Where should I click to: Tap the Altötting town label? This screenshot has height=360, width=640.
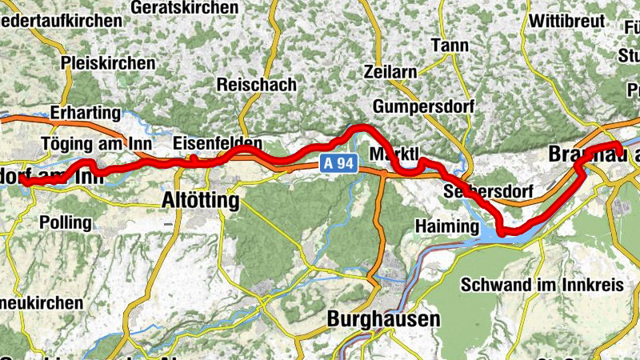click(x=200, y=200)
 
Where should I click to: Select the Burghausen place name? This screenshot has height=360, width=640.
click(x=384, y=319)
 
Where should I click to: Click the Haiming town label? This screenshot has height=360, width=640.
click(x=446, y=227)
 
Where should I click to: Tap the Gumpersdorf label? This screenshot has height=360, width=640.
click(x=423, y=106)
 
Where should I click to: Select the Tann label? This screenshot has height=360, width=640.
click(x=450, y=46)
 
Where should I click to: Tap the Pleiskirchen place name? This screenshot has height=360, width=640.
click(x=108, y=62)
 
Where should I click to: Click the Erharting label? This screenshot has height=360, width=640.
click(x=85, y=112)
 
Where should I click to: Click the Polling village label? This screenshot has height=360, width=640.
click(x=66, y=222)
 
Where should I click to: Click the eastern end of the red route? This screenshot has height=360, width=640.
click(x=619, y=153)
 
